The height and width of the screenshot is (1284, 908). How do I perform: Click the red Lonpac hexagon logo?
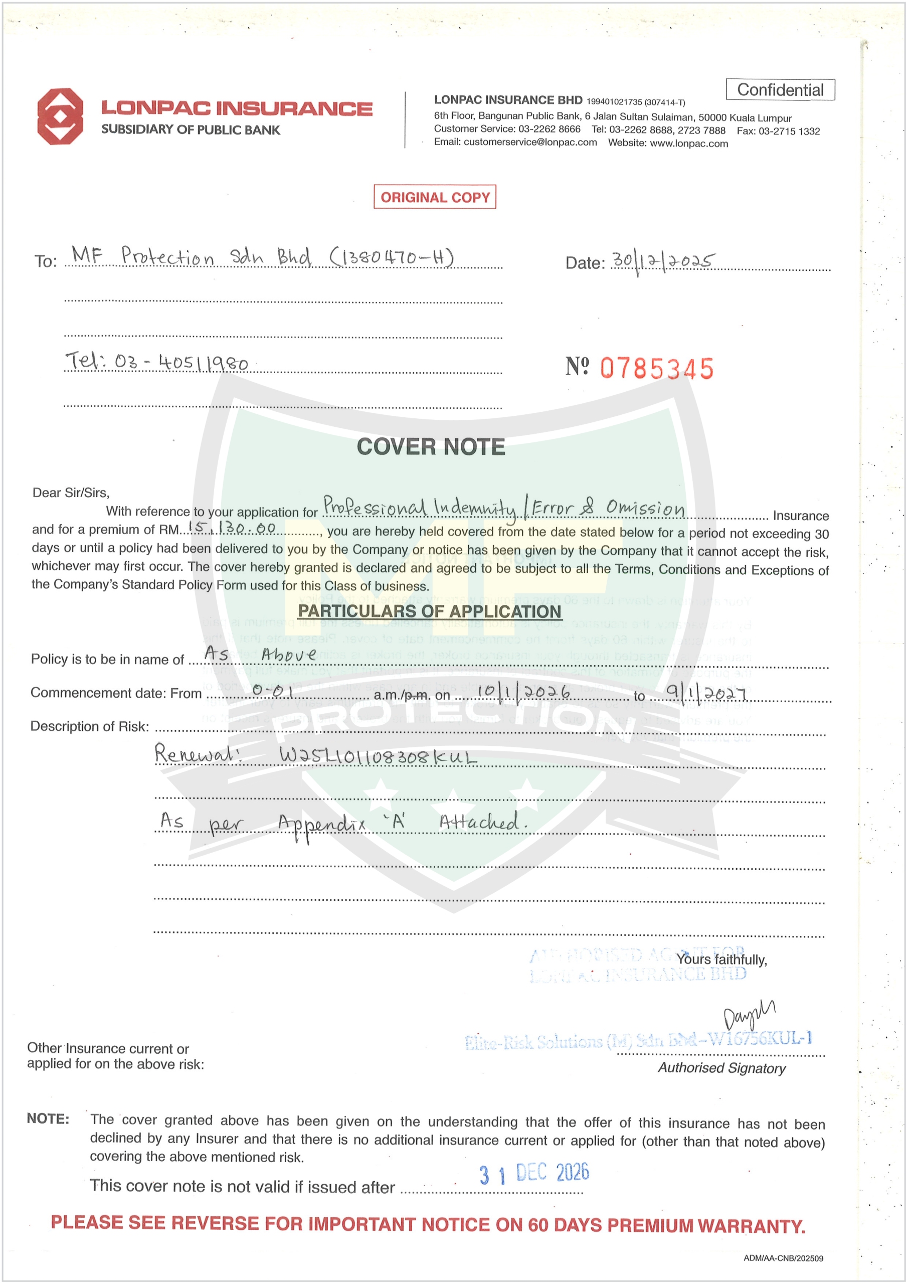60,116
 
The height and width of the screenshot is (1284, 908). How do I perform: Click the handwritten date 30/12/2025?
662,261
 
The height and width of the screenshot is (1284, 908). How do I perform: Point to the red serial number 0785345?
656,369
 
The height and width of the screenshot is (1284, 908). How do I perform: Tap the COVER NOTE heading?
431,447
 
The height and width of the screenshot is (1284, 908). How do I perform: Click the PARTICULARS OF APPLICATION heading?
429,611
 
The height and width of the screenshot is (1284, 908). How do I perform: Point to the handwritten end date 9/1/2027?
705,694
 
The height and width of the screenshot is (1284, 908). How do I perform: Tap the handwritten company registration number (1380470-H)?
392,257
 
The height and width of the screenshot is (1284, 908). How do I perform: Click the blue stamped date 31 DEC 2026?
534,1173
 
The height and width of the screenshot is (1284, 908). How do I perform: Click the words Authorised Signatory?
721,1068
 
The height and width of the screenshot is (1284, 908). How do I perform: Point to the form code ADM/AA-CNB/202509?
783,1258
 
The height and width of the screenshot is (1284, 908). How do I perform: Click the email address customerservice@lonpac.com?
529,142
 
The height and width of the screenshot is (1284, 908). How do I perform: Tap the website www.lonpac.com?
688,143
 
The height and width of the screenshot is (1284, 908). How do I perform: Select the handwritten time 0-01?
273,691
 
